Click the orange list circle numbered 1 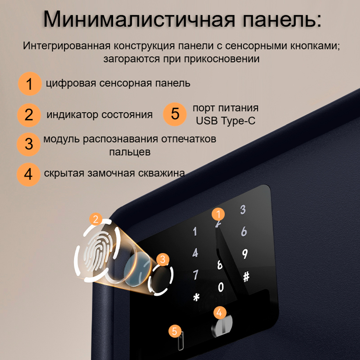[30, 84]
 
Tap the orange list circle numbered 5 [175, 114]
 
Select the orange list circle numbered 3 [29, 144]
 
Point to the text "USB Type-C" [225, 121]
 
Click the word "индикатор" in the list [72, 115]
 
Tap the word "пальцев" [130, 152]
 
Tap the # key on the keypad [246, 277]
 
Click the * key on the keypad [196, 298]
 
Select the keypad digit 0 [221, 287]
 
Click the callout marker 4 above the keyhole [220, 312]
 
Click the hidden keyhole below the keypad [220, 327]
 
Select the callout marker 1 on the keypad [218, 214]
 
